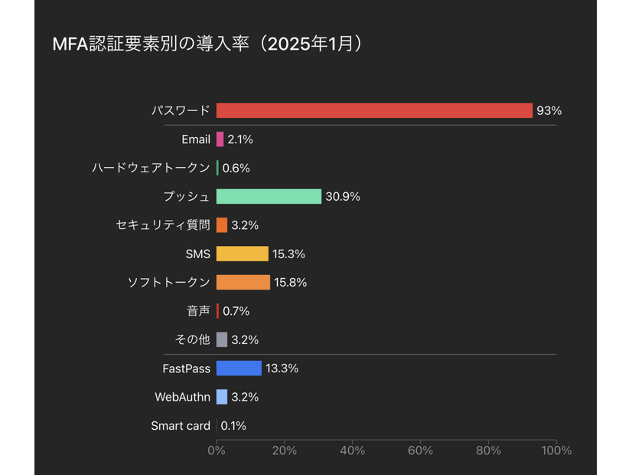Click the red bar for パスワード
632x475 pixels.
(374, 110)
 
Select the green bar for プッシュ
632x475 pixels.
(269, 196)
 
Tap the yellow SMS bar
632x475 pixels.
(243, 254)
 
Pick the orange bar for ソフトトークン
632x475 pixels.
(243, 283)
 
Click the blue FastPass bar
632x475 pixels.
(239, 369)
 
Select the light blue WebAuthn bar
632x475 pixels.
(222, 397)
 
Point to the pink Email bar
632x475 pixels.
(220, 139)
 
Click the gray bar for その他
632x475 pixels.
(222, 339)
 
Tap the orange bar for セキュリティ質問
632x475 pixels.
(222, 225)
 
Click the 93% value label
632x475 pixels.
(549, 110)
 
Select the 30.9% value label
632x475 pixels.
(342, 196)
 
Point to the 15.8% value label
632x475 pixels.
(290, 283)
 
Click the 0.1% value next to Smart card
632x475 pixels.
(233, 426)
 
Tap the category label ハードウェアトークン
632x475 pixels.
(151, 168)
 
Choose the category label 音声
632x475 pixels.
(197, 311)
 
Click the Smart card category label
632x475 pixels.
(181, 426)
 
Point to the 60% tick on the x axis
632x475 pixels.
(420, 450)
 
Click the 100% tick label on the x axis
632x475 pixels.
(555, 450)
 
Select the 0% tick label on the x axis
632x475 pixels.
(217, 450)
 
